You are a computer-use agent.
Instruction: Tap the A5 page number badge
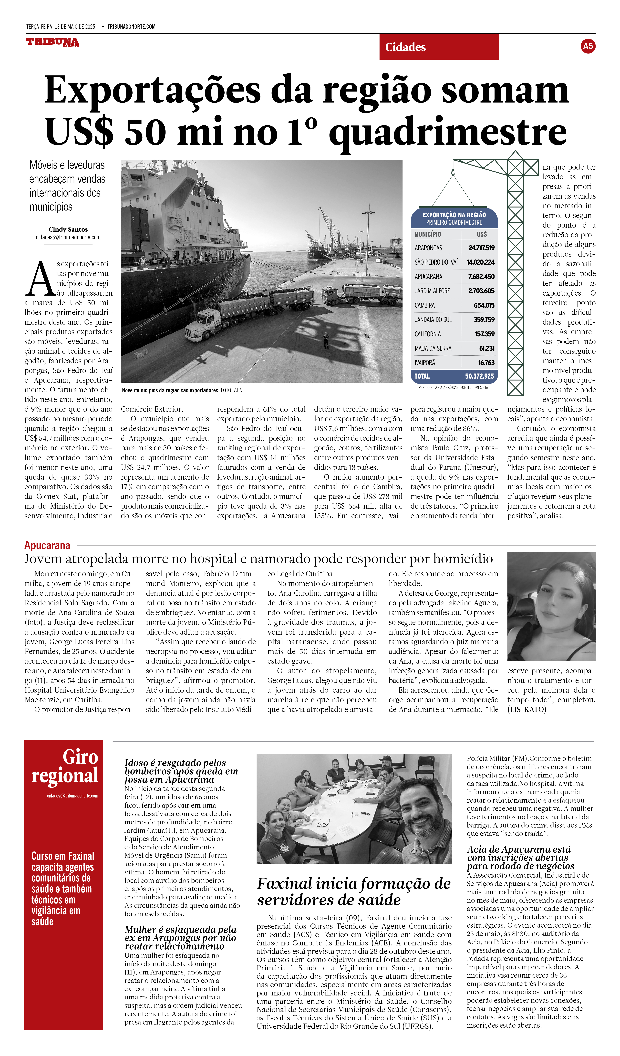point(588,46)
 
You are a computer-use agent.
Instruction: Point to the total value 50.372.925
point(479,376)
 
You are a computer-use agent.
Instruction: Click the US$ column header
point(481,234)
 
